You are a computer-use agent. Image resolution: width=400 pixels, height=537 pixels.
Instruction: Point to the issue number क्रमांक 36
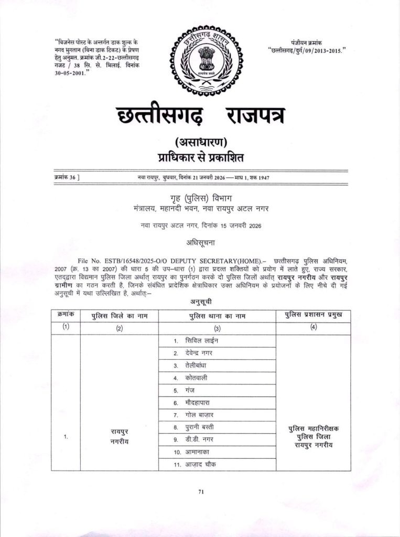click(x=67, y=177)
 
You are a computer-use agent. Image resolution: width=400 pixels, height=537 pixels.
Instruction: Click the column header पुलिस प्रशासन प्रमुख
click(x=313, y=315)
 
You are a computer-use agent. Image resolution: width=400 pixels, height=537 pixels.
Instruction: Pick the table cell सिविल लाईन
click(x=202, y=341)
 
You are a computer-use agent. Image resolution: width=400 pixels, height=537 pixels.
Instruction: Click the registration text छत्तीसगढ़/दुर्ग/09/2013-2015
click(x=307, y=50)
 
